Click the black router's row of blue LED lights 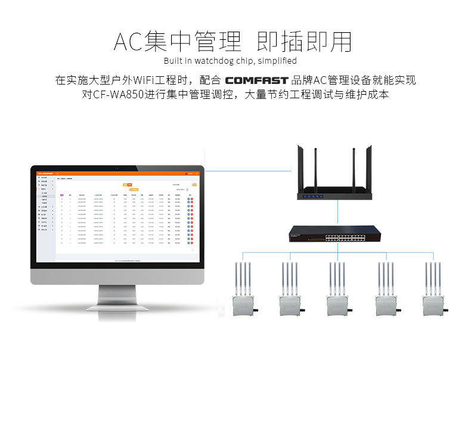(312, 196)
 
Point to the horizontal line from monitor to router (250, 172)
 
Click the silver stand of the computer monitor (117, 294)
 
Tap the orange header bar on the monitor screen (117, 173)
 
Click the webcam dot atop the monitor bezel (117, 167)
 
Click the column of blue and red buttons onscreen (190, 220)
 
